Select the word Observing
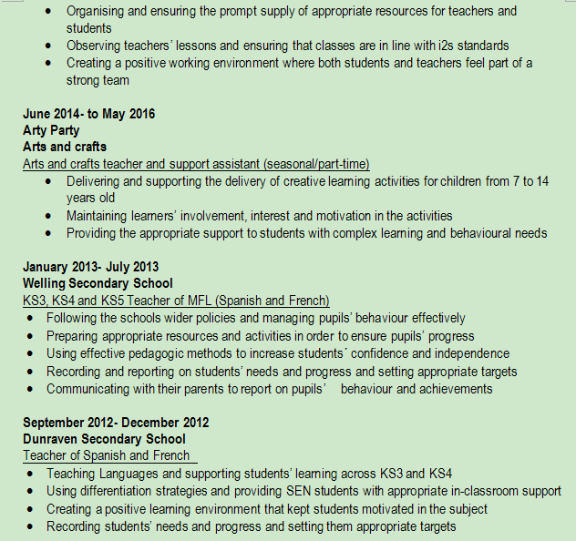click(97, 46)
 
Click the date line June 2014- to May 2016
click(89, 114)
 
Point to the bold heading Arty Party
click(51, 130)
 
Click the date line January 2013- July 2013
click(91, 267)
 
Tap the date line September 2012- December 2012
click(116, 423)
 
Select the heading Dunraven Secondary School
click(104, 439)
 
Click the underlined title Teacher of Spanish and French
click(107, 455)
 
